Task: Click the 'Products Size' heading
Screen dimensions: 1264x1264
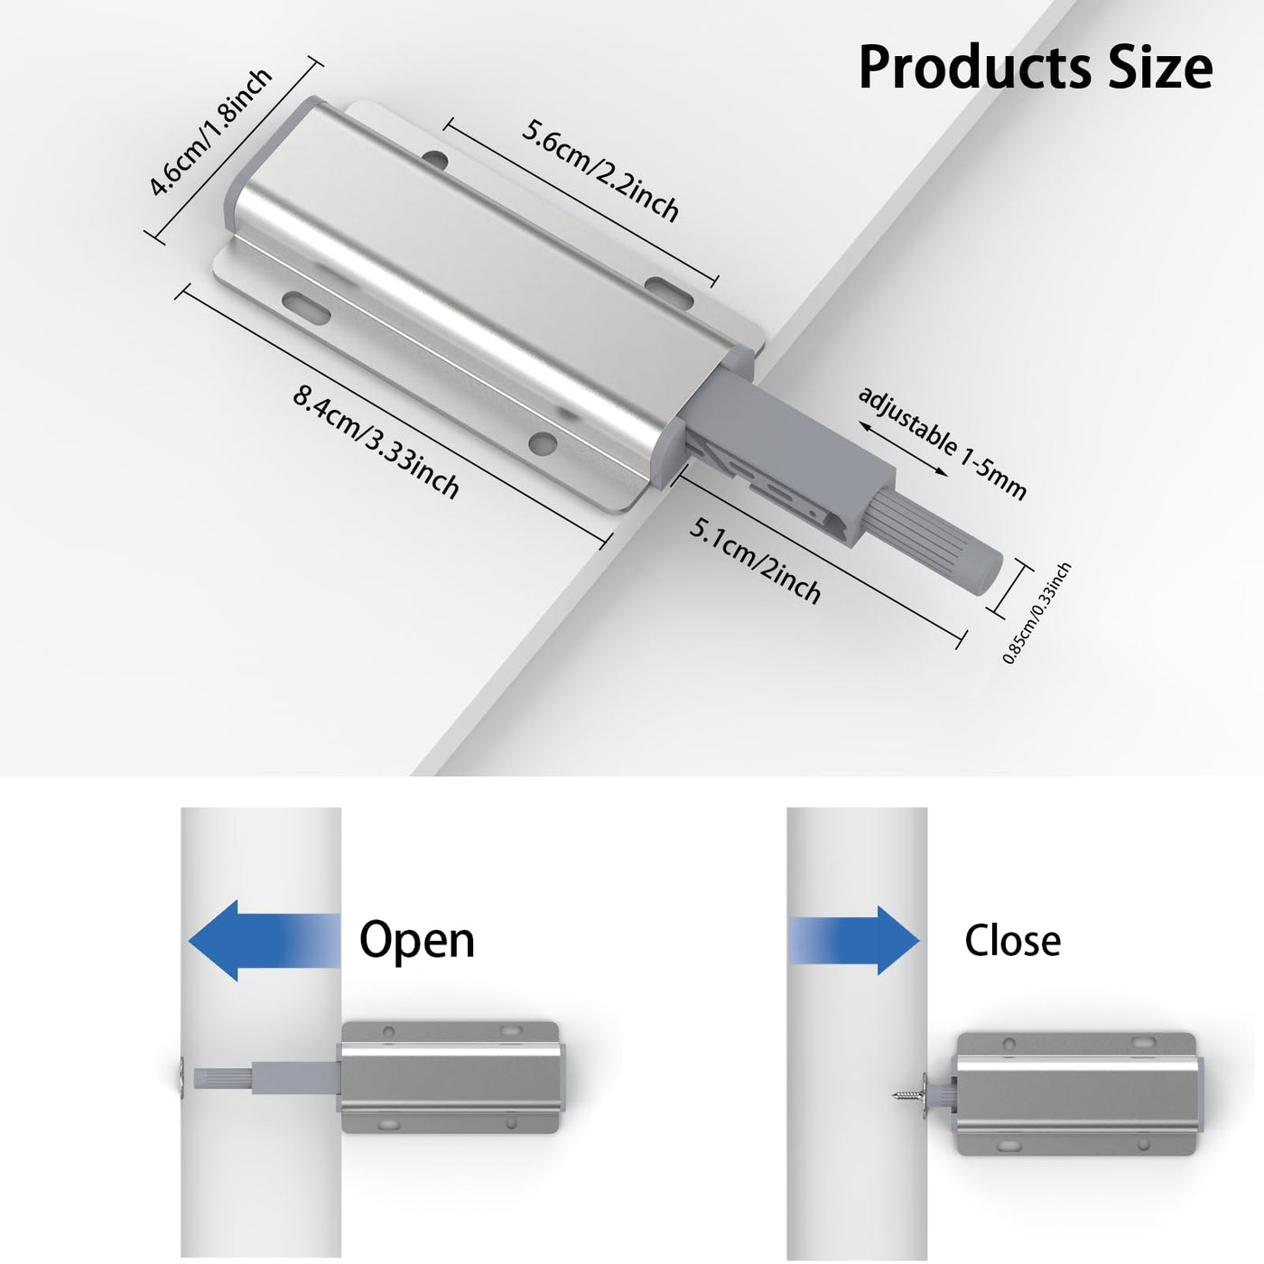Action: [1036, 67]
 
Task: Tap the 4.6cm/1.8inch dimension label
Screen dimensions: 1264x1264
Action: [209, 131]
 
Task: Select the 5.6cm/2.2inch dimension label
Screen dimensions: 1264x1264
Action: [600, 170]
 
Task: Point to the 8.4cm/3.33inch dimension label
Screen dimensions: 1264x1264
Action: [376, 442]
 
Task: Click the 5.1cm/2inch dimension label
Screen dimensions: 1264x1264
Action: [754, 561]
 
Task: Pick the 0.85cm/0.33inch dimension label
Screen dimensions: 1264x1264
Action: [1037, 613]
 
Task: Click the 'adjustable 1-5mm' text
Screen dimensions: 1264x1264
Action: [942, 442]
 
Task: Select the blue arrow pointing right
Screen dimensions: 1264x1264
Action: [854, 941]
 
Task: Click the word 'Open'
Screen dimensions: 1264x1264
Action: [417, 942]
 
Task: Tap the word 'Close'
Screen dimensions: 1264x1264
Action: [1013, 941]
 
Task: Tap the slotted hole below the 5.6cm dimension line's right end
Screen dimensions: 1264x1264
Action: [669, 292]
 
